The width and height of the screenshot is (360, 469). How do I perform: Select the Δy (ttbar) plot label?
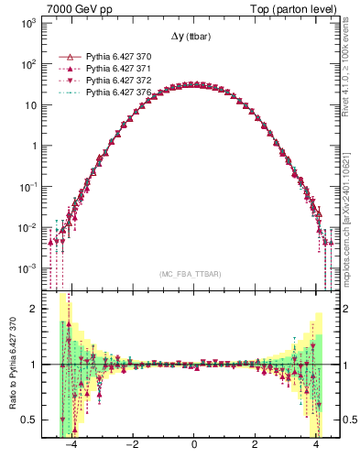(193, 37)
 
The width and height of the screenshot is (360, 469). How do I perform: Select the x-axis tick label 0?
(193, 445)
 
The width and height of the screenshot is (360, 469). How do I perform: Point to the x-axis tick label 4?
(316, 445)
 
